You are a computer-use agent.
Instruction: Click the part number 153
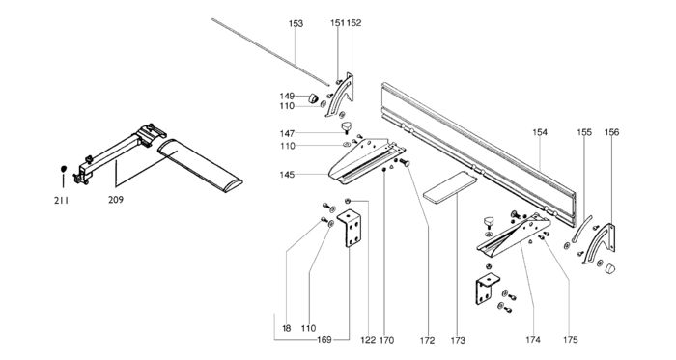296,23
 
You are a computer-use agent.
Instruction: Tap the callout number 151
338,23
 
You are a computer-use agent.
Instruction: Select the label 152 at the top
354,23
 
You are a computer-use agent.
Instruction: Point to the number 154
540,132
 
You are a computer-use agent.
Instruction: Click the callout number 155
584,132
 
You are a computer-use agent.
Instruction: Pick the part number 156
611,132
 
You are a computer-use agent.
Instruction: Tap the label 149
287,96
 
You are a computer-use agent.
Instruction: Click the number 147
287,134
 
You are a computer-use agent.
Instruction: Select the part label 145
287,175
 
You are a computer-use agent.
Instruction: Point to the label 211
61,200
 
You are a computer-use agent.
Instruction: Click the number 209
116,200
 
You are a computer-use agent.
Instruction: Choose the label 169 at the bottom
324,340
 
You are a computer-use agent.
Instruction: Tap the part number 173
458,340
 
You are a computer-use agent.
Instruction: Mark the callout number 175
570,340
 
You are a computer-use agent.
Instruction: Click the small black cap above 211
64,168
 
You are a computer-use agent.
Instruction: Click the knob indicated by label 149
313,98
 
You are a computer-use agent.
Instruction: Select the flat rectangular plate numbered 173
450,187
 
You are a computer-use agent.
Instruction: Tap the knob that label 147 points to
346,127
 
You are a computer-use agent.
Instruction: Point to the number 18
287,328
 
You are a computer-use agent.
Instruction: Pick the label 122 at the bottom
368,340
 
